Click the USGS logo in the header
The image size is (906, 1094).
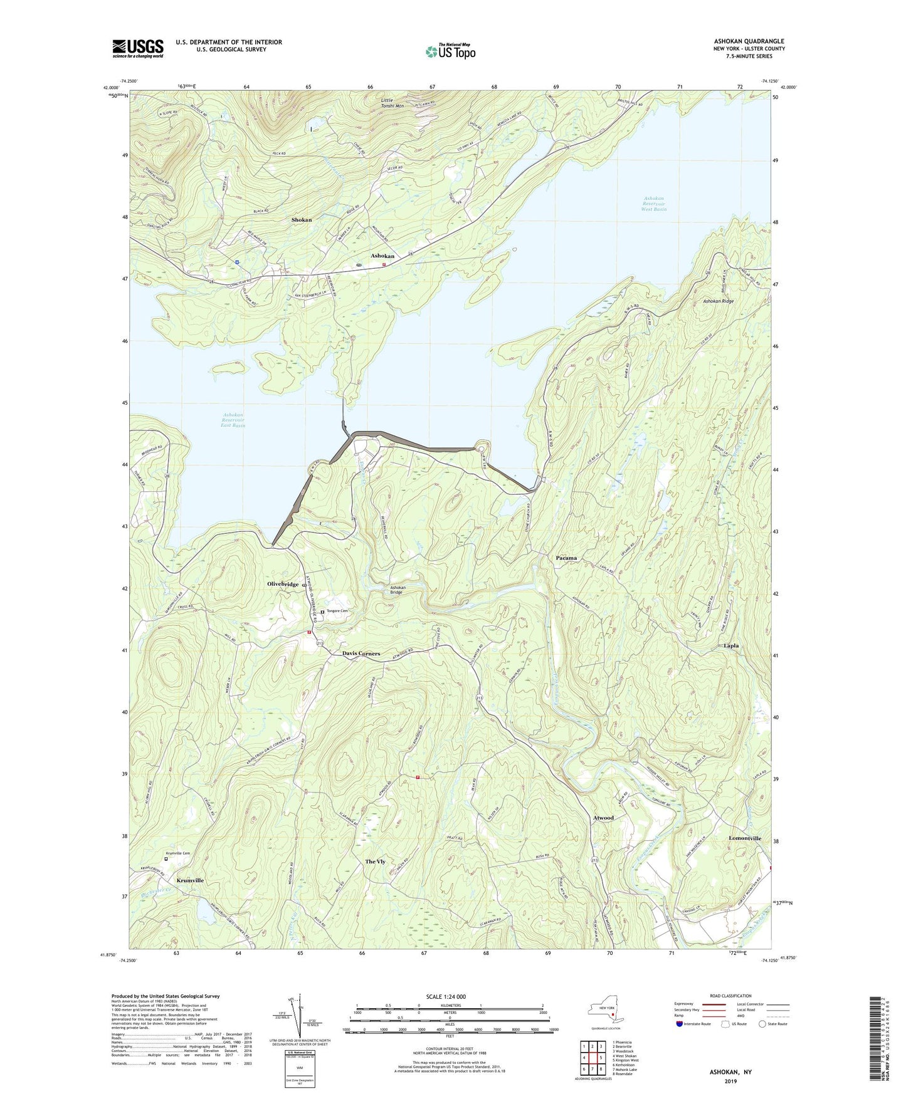137,48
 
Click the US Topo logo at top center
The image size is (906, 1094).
450,51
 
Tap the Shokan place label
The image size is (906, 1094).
301,220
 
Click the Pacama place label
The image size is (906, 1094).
566,558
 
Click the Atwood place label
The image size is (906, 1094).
603,818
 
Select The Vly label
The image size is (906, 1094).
375,862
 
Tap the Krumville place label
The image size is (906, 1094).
190,880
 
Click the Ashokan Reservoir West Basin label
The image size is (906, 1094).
653,204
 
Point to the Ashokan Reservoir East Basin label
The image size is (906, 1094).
234,420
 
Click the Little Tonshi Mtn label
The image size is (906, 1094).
392,103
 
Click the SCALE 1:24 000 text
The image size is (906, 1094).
445,996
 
